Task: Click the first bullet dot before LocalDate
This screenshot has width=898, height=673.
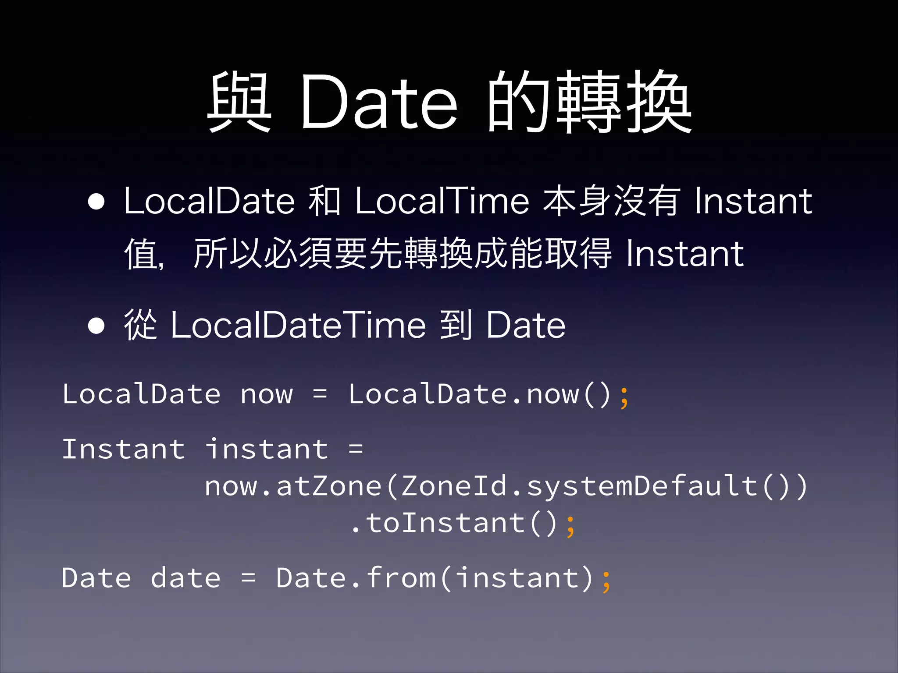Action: [96, 202]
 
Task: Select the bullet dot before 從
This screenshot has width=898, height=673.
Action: [96, 326]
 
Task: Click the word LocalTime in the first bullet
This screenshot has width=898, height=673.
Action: [442, 201]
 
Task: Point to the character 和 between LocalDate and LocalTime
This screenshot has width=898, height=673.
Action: [324, 201]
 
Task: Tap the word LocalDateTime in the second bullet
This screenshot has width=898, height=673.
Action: [298, 325]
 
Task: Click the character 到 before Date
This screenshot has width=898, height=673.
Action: [456, 325]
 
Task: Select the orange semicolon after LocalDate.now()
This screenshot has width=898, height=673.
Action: [624, 397]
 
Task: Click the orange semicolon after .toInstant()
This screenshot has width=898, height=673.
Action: [570, 526]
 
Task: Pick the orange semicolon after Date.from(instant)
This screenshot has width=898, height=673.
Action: [606, 581]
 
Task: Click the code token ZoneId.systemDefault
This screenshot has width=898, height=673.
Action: [579, 486]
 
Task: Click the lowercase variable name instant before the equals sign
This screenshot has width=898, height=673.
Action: [267, 449]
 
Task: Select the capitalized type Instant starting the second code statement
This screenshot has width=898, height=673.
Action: [124, 449]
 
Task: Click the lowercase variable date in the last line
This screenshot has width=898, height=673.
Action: [185, 578]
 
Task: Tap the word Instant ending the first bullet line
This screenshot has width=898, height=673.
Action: [753, 201]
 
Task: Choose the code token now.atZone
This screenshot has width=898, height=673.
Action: [293, 486]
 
